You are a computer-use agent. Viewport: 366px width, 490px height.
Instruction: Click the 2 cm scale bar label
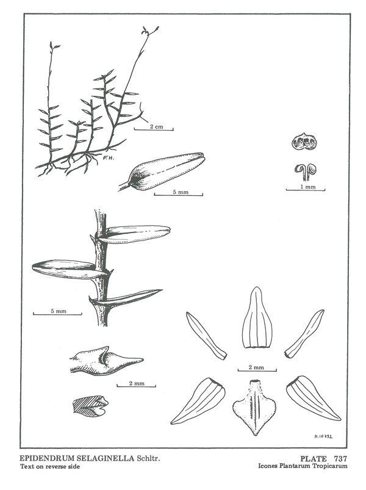156,126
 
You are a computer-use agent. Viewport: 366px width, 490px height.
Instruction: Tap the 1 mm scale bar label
307,187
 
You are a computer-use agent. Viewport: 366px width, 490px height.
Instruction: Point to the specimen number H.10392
323,436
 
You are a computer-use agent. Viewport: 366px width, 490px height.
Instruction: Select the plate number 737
340,459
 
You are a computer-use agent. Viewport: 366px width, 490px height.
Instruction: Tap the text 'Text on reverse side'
50,467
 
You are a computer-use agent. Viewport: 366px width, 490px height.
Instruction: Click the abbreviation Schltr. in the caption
149,458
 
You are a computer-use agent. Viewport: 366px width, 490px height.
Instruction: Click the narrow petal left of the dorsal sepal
206,336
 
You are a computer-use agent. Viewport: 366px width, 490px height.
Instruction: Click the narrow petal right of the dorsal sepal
304,333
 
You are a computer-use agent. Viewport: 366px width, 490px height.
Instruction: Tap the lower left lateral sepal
198,401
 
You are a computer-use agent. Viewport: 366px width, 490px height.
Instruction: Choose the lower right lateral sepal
312,398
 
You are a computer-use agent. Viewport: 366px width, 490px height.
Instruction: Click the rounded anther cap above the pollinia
304,142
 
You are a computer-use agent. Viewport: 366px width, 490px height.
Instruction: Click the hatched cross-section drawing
90,405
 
